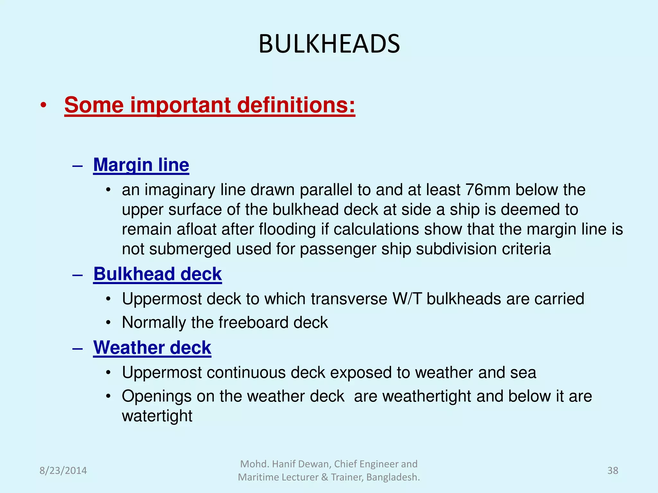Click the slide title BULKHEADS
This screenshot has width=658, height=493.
coord(329,44)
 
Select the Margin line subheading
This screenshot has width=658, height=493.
coord(141,165)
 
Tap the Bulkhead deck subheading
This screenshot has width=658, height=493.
coord(157,274)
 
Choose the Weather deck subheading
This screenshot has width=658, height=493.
coord(152,348)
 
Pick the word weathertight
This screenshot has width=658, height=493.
coord(427,396)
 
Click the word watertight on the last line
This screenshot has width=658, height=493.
coord(157,416)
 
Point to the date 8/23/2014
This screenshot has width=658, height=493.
coord(63,471)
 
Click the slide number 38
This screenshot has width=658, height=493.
coord(613,471)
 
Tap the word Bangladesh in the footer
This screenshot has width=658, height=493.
coord(393,477)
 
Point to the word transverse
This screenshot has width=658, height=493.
coord(349,299)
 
